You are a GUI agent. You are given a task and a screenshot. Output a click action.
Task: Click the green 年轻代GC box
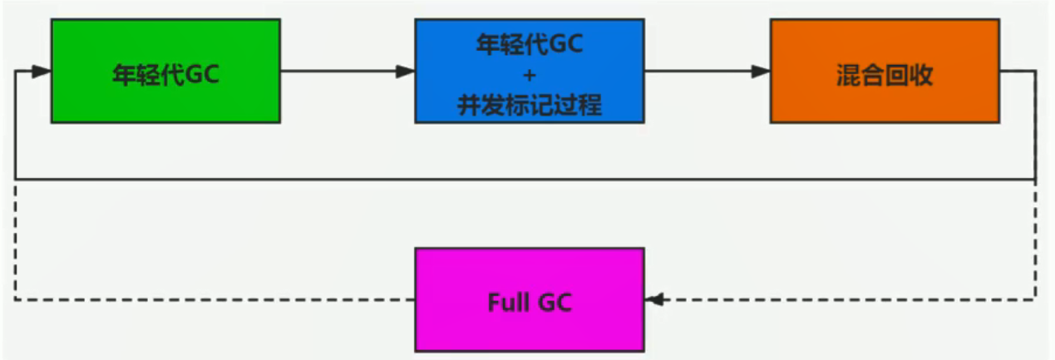click(165, 72)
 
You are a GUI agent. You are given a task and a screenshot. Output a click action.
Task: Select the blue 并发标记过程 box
click(529, 72)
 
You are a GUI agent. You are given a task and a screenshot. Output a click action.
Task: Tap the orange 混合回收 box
click(884, 72)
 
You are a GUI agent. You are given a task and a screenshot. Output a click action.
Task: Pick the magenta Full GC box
click(529, 298)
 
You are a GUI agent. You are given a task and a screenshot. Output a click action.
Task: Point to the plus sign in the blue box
click(530, 75)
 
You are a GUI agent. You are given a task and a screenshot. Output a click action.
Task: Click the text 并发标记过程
click(530, 106)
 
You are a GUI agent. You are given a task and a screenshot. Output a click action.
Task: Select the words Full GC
click(529, 302)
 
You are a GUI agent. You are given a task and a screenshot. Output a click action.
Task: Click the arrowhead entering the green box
click(42, 72)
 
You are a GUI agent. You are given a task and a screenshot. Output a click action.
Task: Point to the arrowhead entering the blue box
click(406, 72)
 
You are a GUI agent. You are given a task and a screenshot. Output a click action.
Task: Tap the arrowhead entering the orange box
click(761, 72)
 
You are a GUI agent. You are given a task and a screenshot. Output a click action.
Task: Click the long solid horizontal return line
click(524, 179)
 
